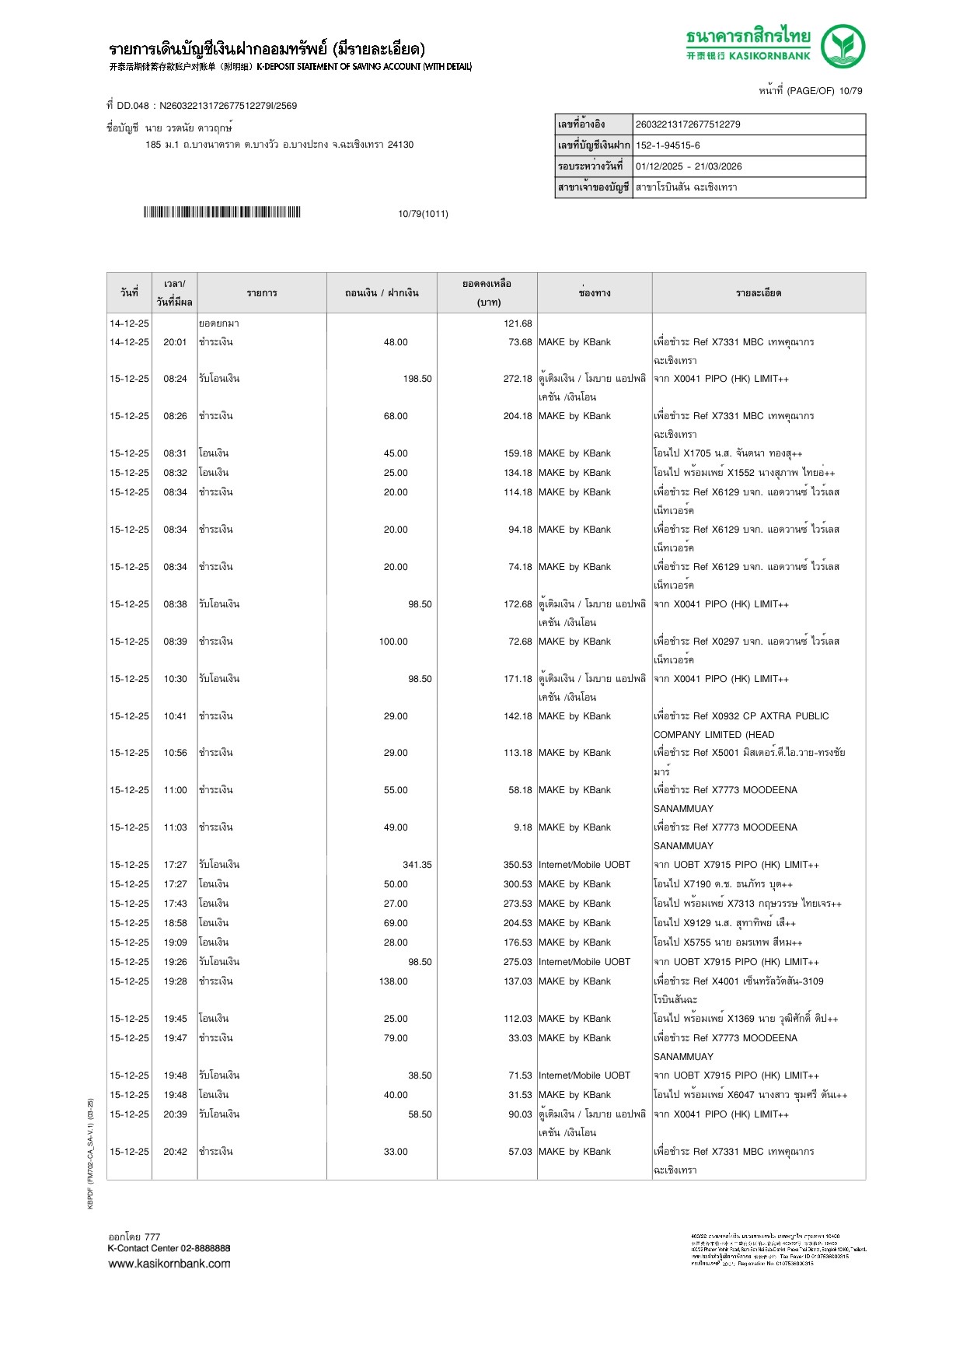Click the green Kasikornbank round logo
click(843, 46)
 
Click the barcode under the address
click(222, 212)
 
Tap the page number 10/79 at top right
click(850, 91)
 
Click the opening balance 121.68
click(518, 324)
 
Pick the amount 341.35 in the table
click(417, 865)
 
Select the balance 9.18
click(522, 827)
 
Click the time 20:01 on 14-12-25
click(175, 342)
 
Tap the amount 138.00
click(393, 981)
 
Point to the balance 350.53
click(518, 865)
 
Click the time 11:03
click(175, 827)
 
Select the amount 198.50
click(417, 379)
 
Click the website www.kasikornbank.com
click(169, 1264)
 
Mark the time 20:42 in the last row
click(175, 1152)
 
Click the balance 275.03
click(518, 962)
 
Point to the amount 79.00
click(396, 1038)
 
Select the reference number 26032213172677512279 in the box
click(688, 124)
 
